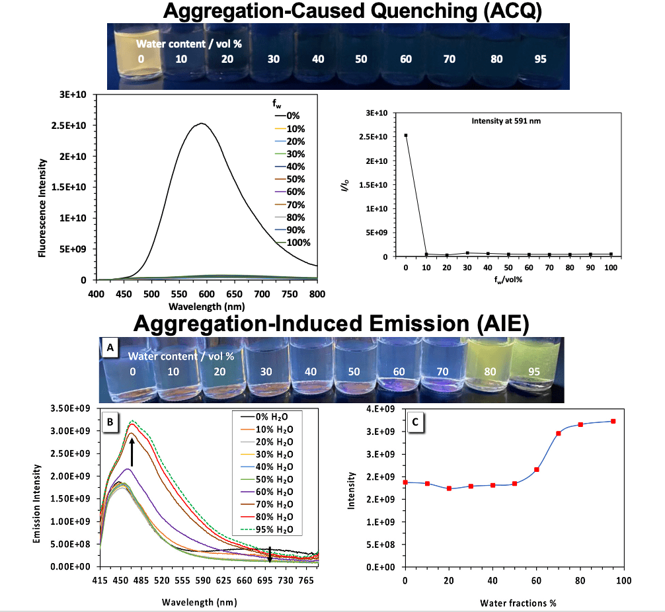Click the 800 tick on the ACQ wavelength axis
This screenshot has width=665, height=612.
tap(317, 291)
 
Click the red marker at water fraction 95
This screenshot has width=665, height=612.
tap(613, 421)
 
